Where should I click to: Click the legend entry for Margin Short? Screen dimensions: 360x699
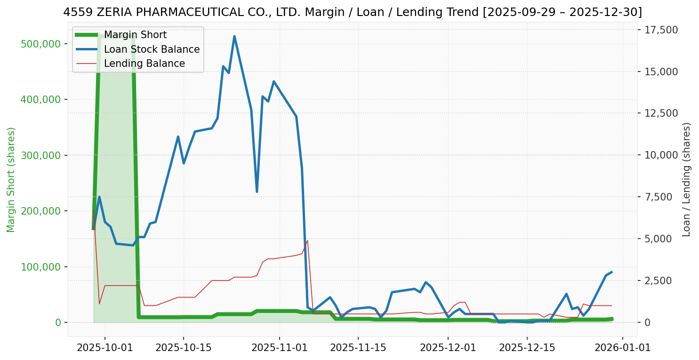[x=135, y=35]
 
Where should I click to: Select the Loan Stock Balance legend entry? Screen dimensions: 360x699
[x=152, y=49]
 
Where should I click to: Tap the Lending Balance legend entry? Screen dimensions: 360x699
[x=144, y=64]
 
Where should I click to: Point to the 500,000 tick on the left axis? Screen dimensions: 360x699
[x=41, y=44]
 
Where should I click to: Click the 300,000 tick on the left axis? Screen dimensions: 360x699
[x=41, y=155]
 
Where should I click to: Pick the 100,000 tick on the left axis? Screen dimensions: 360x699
[x=41, y=267]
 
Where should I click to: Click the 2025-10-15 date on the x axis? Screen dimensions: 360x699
[x=183, y=348]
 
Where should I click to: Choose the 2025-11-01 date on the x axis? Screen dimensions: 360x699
[x=279, y=348]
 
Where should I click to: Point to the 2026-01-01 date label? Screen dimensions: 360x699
[x=623, y=348]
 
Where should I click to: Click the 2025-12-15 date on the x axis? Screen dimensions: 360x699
[x=526, y=348]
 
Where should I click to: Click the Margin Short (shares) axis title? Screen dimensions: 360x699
[x=11, y=180]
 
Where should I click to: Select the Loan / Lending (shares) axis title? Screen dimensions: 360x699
[x=686, y=180]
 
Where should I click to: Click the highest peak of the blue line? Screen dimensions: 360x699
[x=234, y=36]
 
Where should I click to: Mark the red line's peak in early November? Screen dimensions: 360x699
[x=307, y=240]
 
